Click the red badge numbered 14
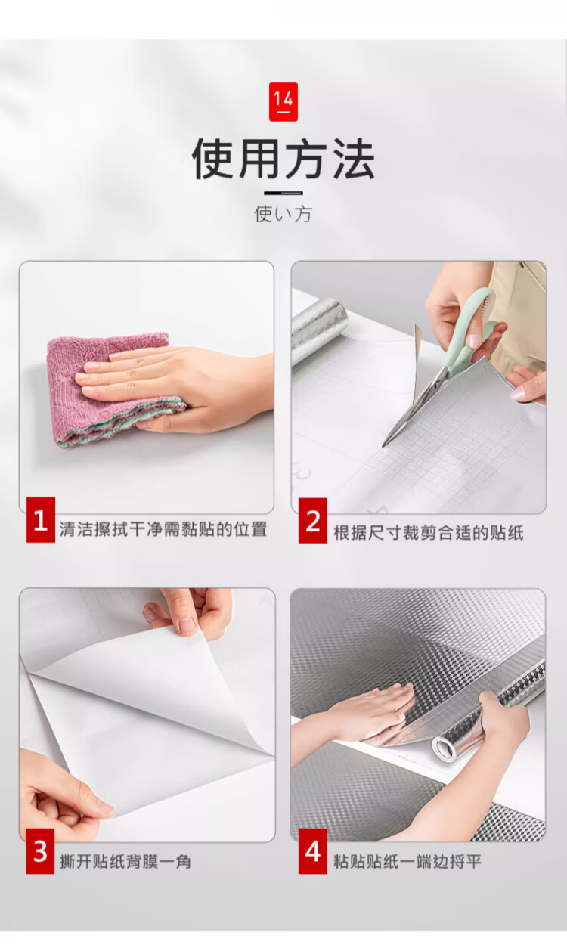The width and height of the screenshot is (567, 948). [x=283, y=101]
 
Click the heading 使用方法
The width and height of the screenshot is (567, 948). [x=283, y=159]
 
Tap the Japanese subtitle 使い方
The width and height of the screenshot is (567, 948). [x=283, y=214]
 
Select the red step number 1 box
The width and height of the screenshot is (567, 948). [x=41, y=519]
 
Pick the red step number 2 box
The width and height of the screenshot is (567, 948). [x=313, y=521]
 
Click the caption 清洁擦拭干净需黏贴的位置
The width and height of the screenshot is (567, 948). [x=163, y=529]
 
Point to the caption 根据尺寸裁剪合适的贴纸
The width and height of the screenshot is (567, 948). [x=429, y=533]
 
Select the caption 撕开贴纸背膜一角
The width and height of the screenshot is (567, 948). [x=125, y=861]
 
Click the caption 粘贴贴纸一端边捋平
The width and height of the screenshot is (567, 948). [x=407, y=861]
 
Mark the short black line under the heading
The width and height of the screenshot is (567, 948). [x=283, y=193]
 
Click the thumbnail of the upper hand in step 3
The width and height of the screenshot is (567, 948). [x=187, y=625]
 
